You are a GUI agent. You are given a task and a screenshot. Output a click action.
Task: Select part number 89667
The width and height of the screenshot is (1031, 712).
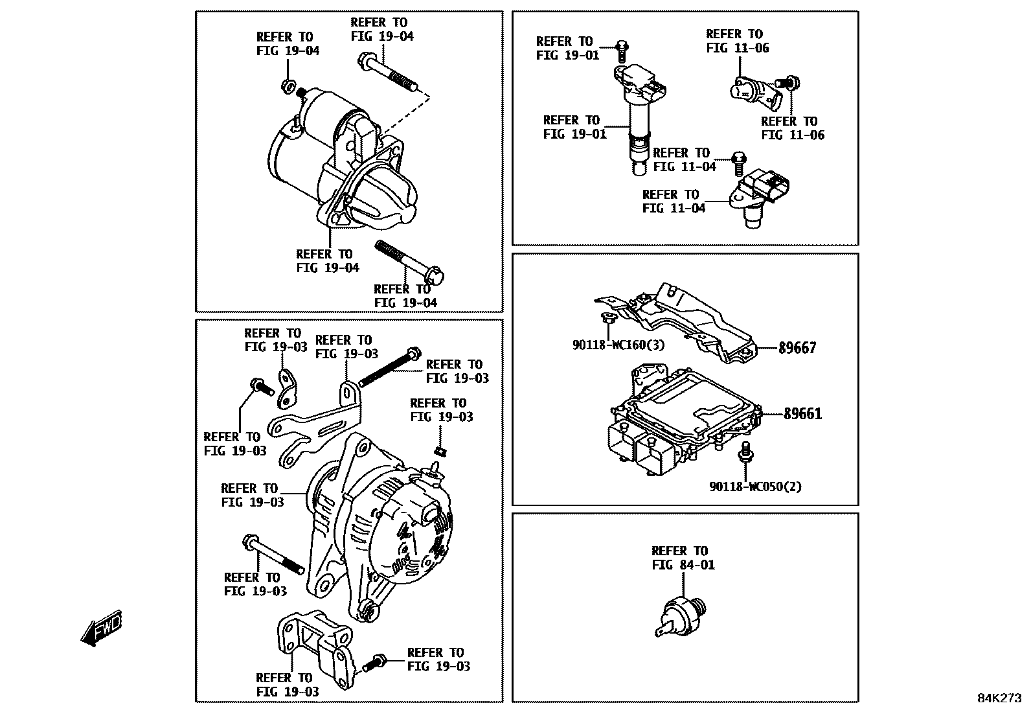pyautogui.click(x=797, y=348)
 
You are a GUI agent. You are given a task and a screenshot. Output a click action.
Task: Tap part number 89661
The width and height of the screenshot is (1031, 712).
pyautogui.click(x=802, y=413)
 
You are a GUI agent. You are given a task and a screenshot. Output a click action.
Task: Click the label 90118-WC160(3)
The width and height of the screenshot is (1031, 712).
pyautogui.click(x=618, y=345)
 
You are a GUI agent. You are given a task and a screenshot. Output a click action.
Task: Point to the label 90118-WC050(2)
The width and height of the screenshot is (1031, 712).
pyautogui.click(x=755, y=487)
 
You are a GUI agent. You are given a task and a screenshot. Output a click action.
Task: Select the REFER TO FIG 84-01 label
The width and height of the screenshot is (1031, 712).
pyautogui.click(x=683, y=558)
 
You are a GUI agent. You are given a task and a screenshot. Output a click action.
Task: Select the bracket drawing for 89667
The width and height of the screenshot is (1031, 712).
pyautogui.click(x=686, y=321)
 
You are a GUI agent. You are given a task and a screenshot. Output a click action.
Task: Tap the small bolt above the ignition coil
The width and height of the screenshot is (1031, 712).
pyautogui.click(x=622, y=48)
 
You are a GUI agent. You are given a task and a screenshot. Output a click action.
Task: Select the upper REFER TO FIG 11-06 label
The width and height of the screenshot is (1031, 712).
pyautogui.click(x=737, y=41)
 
